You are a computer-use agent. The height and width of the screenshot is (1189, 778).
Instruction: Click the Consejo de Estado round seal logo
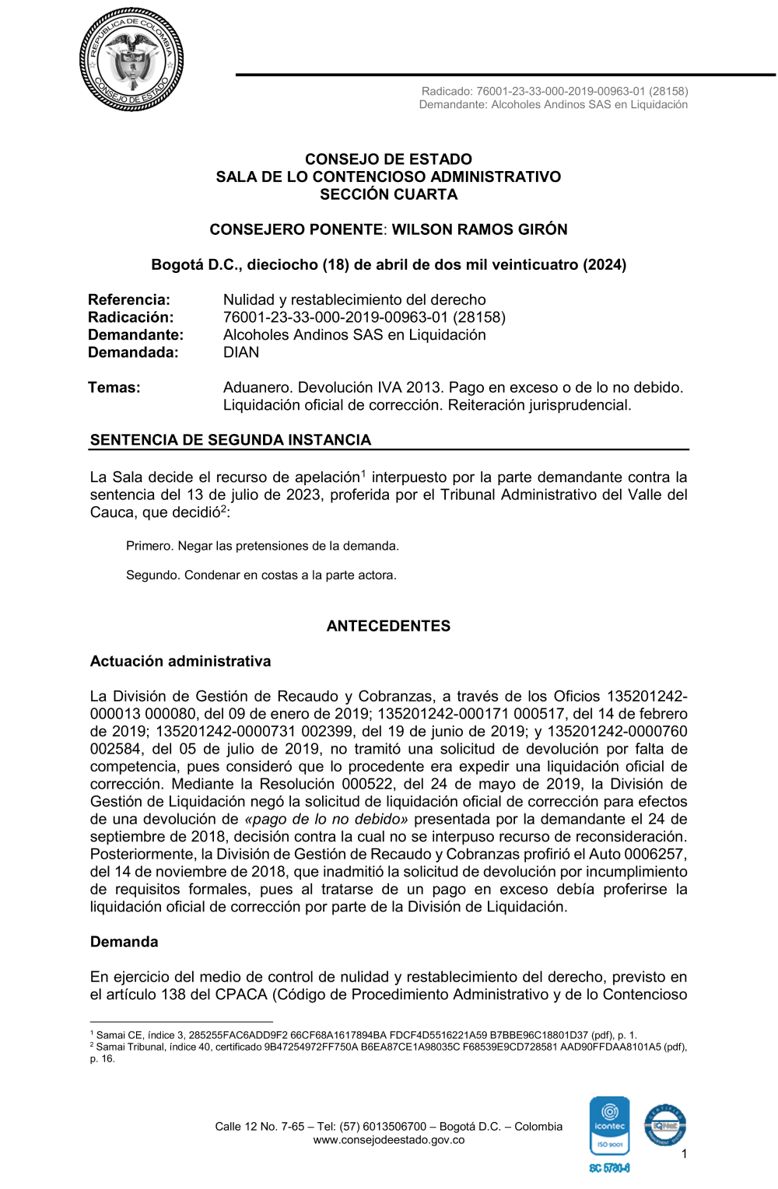pyautogui.click(x=131, y=60)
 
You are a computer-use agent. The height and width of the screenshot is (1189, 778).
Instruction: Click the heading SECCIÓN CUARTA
pyautogui.click(x=388, y=194)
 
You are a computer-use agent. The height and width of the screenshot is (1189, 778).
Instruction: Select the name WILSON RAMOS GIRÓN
pyautogui.click(x=479, y=229)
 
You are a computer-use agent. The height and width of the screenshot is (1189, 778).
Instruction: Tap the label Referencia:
pyautogui.click(x=129, y=299)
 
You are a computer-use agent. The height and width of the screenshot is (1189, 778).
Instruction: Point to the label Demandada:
pyautogui.click(x=133, y=352)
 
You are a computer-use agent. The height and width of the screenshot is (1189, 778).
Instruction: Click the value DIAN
pyautogui.click(x=241, y=352)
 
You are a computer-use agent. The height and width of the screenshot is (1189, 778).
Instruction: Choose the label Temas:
pyautogui.click(x=114, y=387)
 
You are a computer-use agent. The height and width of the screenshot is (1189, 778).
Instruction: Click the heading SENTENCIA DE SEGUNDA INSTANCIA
pyautogui.click(x=230, y=440)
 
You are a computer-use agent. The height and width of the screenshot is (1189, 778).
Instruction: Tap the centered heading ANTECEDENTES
pyautogui.click(x=388, y=626)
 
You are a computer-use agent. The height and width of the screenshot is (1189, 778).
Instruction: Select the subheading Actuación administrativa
pyautogui.click(x=180, y=661)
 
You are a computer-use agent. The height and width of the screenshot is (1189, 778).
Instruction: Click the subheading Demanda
pyautogui.click(x=124, y=942)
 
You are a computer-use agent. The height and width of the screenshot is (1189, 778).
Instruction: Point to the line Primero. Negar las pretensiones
pyautogui.click(x=262, y=546)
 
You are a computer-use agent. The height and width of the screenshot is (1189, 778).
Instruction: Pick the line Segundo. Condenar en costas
pyautogui.click(x=261, y=575)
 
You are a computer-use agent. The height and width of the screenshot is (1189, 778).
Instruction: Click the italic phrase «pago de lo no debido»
pyautogui.click(x=326, y=819)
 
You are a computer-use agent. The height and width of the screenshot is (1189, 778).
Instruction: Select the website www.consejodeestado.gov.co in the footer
pyautogui.click(x=389, y=1140)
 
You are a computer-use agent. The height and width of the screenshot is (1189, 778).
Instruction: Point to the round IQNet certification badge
pyautogui.click(x=664, y=1124)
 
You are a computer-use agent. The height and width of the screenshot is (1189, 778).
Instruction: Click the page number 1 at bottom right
pyautogui.click(x=684, y=1154)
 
